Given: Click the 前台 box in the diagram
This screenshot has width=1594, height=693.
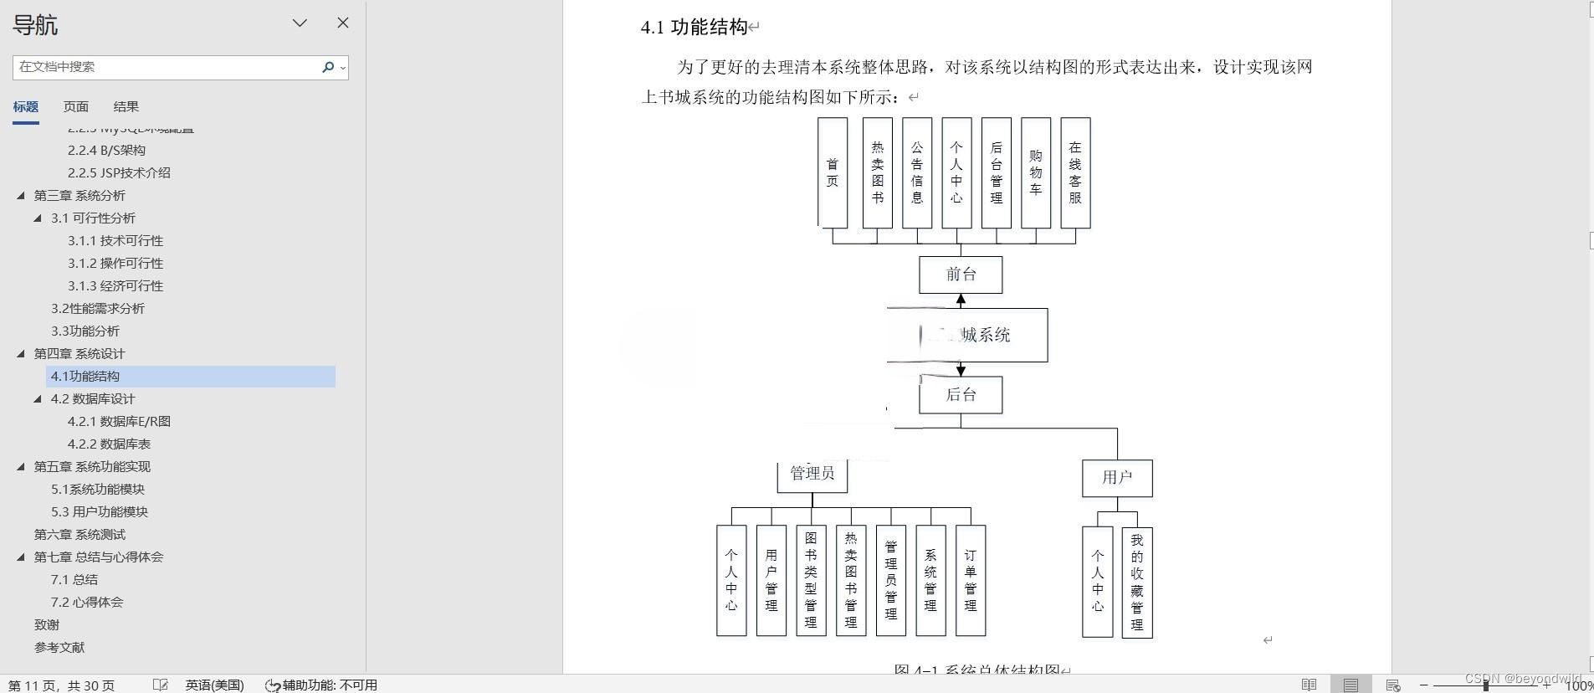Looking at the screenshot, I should (x=961, y=275).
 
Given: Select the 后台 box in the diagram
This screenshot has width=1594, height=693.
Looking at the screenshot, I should (x=961, y=395).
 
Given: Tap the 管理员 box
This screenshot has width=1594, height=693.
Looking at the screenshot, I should (x=812, y=474).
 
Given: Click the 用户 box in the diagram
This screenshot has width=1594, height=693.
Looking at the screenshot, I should (x=1117, y=478).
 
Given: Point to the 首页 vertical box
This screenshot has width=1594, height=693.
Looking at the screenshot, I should (x=833, y=172).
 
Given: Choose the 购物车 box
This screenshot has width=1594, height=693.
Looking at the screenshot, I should (x=1036, y=172).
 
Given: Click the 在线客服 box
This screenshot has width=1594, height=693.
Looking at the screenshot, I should (x=1075, y=172).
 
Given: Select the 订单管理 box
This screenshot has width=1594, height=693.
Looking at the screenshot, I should (x=971, y=580).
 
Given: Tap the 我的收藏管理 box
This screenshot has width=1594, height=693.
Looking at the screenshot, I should (x=1137, y=582).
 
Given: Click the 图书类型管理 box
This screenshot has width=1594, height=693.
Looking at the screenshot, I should (x=811, y=580).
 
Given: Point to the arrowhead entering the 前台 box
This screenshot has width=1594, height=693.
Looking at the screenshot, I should (x=961, y=299).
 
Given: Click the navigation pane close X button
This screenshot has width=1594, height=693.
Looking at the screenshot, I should (x=343, y=23).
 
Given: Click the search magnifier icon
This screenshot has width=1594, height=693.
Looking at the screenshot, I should (x=328, y=67).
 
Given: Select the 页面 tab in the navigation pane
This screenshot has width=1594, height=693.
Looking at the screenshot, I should (x=76, y=107).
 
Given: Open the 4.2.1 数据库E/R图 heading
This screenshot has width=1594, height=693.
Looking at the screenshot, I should (x=119, y=422).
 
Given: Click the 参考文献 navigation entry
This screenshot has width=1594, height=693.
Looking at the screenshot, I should (x=59, y=648).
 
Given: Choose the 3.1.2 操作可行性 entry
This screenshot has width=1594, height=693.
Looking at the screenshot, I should (x=115, y=264).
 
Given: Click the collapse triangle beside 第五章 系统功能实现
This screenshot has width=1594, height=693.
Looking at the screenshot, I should (x=21, y=467).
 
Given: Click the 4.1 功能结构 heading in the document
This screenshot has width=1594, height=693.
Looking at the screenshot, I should (x=694, y=28).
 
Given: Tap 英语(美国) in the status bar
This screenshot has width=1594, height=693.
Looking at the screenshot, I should (x=215, y=685).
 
